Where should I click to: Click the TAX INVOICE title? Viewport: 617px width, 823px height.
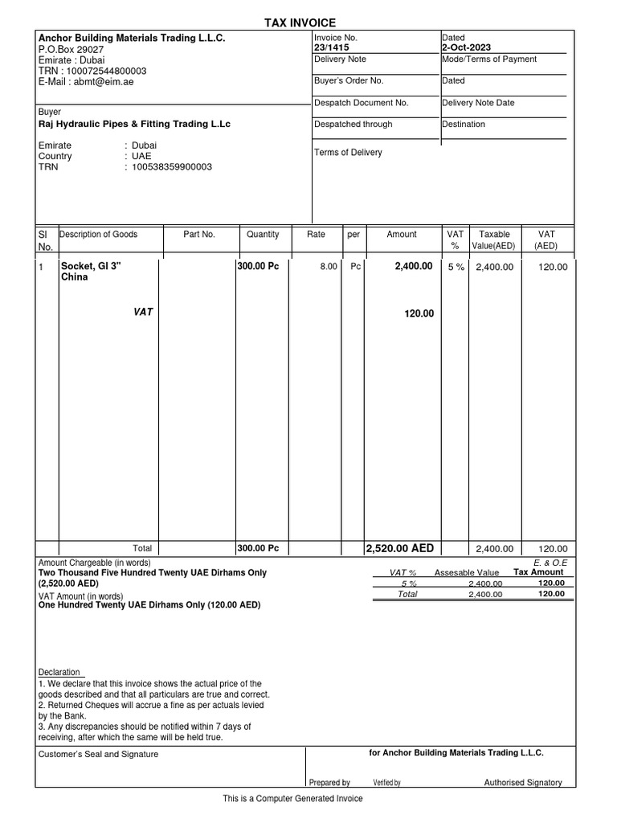(300, 23)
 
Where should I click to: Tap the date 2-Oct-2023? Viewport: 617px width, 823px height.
(466, 47)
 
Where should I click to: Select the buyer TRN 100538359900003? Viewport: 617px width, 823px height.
(172, 167)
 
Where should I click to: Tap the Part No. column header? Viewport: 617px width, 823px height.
(199, 235)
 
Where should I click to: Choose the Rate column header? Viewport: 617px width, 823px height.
(316, 235)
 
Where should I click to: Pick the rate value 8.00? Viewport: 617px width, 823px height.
(329, 267)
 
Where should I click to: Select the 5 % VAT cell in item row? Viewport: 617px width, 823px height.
(456, 267)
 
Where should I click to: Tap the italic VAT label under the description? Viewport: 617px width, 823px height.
(143, 313)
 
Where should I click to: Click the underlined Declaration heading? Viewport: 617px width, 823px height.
(59, 672)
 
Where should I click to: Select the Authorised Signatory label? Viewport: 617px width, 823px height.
(523, 782)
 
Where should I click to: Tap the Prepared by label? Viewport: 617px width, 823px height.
(329, 783)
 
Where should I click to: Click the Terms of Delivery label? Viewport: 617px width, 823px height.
(348, 153)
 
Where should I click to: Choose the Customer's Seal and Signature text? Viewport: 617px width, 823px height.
(98, 754)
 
